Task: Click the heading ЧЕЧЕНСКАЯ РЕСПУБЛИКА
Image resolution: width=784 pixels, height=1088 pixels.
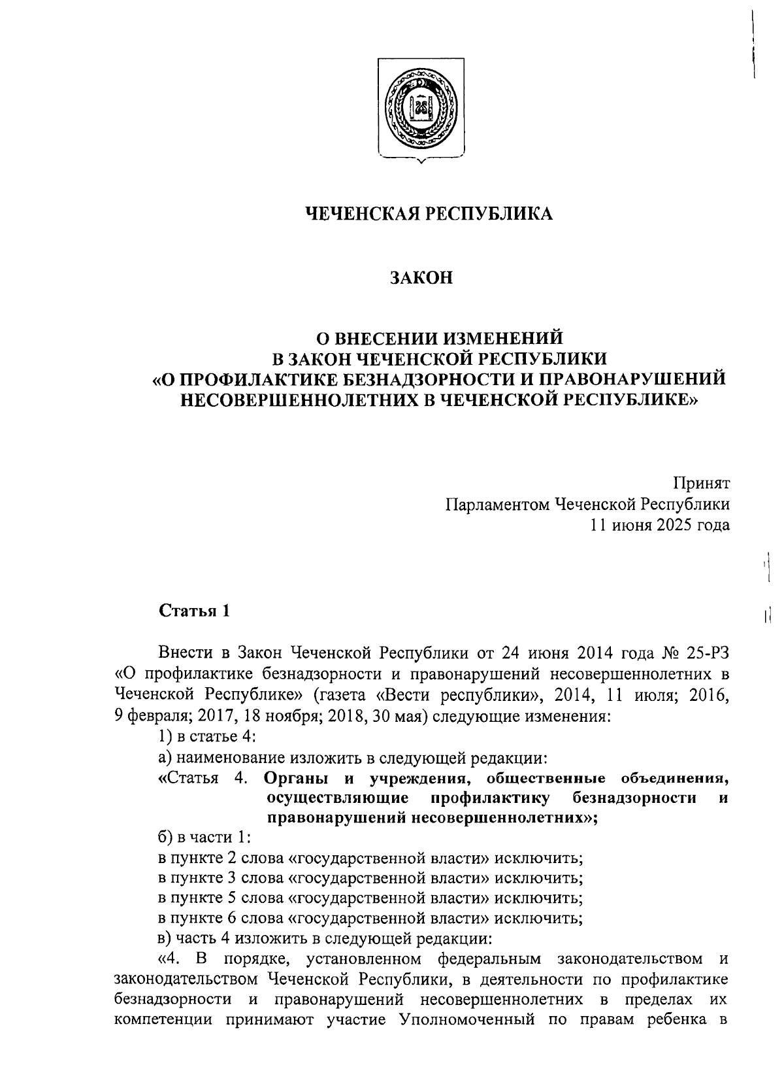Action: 429,213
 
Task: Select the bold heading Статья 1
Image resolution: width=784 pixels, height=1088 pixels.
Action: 195,611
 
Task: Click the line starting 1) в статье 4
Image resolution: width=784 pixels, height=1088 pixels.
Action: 206,736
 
